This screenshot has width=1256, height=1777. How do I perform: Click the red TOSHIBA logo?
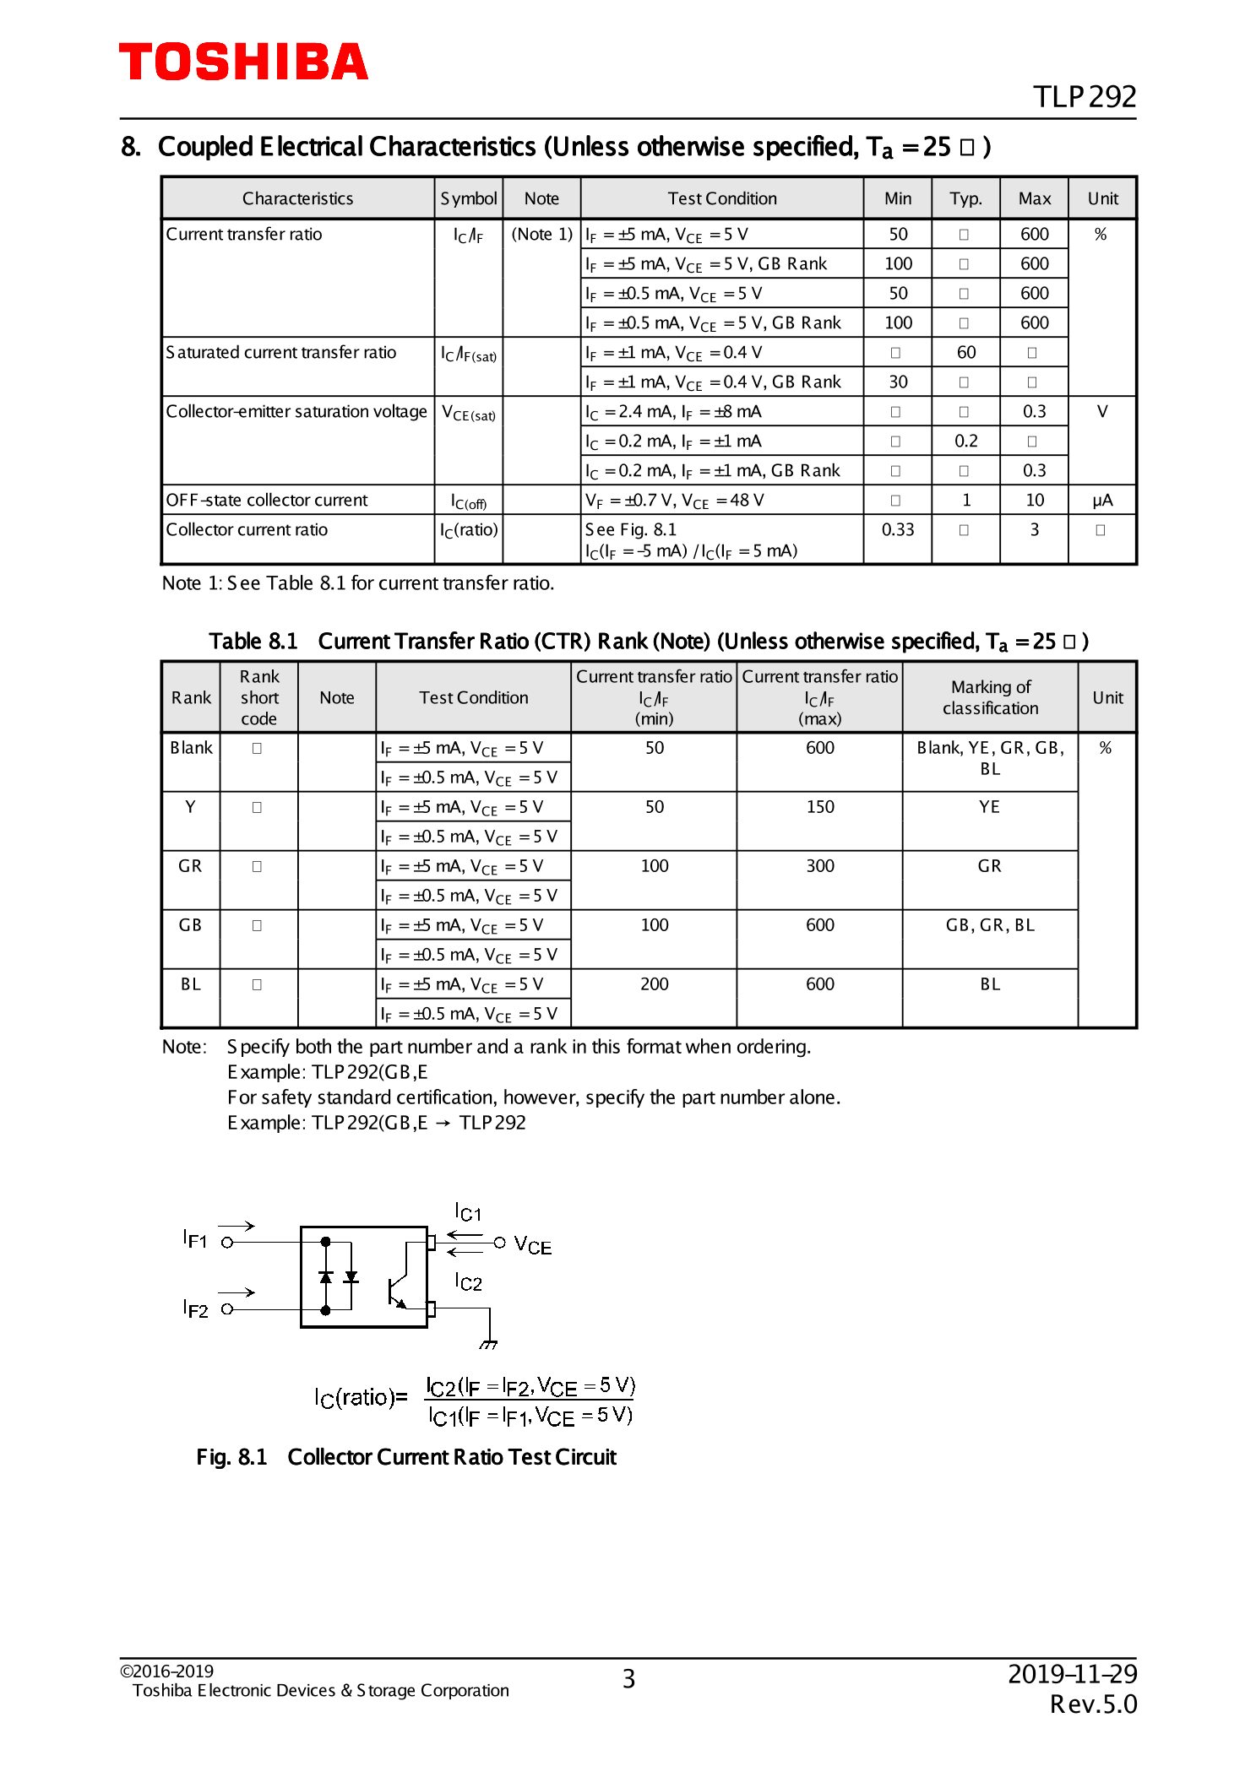[243, 62]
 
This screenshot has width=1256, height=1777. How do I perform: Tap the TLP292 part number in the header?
[1084, 97]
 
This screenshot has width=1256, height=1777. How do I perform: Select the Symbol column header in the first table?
[468, 198]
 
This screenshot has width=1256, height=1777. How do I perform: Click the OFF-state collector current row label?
[266, 500]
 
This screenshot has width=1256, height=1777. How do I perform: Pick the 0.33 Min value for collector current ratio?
[897, 529]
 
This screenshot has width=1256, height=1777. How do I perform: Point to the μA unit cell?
[1101, 500]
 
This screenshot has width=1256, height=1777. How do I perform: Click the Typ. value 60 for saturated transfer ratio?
[965, 352]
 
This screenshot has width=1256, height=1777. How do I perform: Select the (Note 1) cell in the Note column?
[541, 234]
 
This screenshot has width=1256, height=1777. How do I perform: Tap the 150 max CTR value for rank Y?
[819, 807]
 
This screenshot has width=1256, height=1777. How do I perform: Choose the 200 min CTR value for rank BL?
[654, 984]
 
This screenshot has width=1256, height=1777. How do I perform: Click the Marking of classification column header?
[990, 697]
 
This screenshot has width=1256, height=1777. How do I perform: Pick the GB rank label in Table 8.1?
[190, 925]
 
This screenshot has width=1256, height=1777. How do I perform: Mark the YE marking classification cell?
[989, 807]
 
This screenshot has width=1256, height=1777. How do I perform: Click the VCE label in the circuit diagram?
[532, 1246]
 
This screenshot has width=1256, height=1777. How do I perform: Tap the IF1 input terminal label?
[195, 1240]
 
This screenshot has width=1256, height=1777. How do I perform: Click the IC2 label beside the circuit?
[468, 1282]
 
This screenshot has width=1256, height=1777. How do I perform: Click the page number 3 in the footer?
[628, 1678]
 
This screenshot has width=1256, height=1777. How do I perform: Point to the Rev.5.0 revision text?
[1093, 1704]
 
